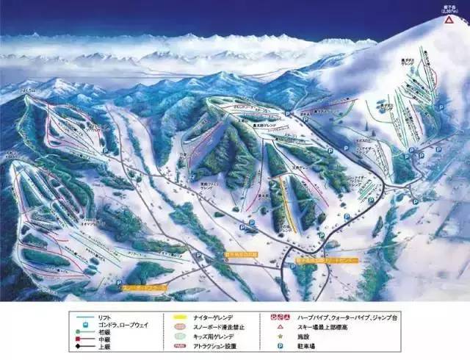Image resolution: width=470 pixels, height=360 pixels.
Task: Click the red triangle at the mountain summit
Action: [x=447, y=21]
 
